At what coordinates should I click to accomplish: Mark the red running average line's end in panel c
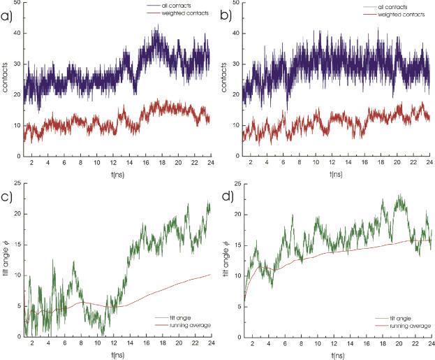coord(210,275)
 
